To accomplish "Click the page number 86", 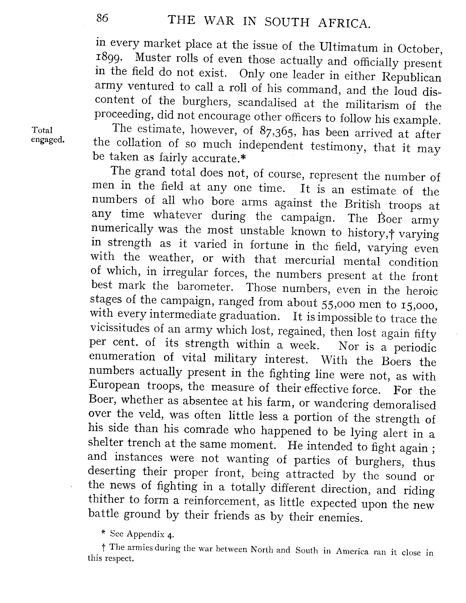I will [102, 18].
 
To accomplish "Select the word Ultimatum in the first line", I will [348, 48].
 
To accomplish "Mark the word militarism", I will [372, 105].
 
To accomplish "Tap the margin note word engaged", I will [48, 140].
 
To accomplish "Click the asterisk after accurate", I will [243, 157].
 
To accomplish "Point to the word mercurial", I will [310, 260].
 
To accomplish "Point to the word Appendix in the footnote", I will [146, 534].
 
